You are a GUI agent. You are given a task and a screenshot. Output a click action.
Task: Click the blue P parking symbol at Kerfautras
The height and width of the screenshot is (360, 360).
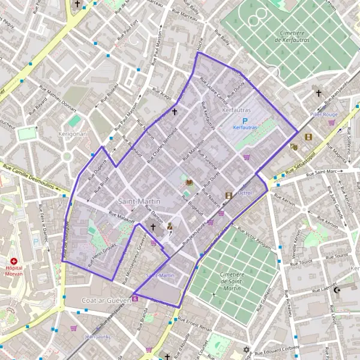pyautogui.click(x=245, y=120)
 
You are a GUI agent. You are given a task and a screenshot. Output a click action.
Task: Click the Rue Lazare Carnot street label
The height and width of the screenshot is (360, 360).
pyautogui.click(x=214, y=86)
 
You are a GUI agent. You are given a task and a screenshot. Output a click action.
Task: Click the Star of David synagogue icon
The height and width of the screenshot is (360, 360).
pyautogui.click(x=245, y=350)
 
